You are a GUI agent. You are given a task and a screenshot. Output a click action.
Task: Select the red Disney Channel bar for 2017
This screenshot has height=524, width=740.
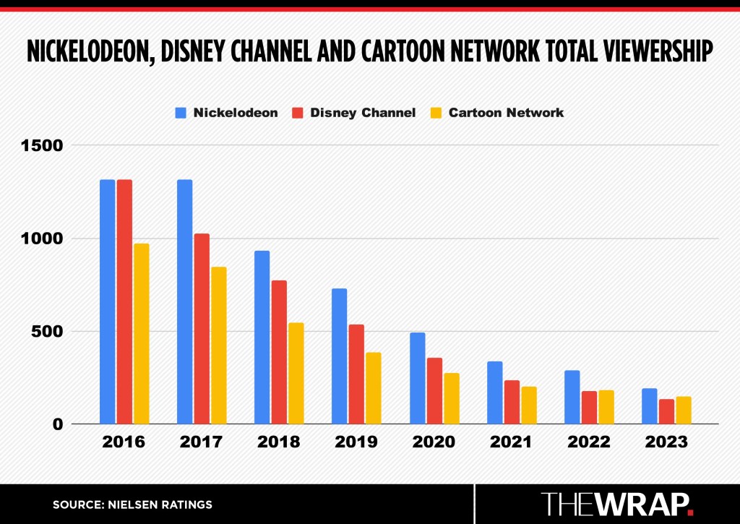click(202, 329)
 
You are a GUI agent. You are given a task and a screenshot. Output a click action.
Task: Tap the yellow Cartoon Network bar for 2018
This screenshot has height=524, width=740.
click(296, 373)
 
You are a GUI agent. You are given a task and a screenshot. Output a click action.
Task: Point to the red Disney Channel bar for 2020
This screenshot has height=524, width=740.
click(434, 391)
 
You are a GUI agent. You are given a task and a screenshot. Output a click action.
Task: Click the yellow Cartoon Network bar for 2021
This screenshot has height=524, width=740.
click(528, 405)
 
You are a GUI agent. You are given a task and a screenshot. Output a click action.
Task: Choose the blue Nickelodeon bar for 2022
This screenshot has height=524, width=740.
click(572, 397)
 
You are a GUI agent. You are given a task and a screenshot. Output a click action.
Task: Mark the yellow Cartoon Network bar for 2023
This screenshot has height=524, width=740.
click(684, 410)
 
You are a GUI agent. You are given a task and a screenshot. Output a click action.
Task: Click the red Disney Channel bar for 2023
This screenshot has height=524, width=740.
click(666, 411)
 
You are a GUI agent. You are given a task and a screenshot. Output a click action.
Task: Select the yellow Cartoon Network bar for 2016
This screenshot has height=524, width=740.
click(141, 333)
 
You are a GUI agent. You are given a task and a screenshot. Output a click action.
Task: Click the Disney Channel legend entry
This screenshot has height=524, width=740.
click(353, 113)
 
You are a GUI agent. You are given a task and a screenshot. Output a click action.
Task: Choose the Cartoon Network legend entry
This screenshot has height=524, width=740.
click(496, 113)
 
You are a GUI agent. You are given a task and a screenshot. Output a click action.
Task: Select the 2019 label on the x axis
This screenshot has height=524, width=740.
click(356, 442)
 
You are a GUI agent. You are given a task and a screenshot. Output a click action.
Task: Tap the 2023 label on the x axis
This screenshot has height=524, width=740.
click(666, 442)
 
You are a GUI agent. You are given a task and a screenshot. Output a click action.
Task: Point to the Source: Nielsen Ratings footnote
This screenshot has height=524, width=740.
click(132, 504)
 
